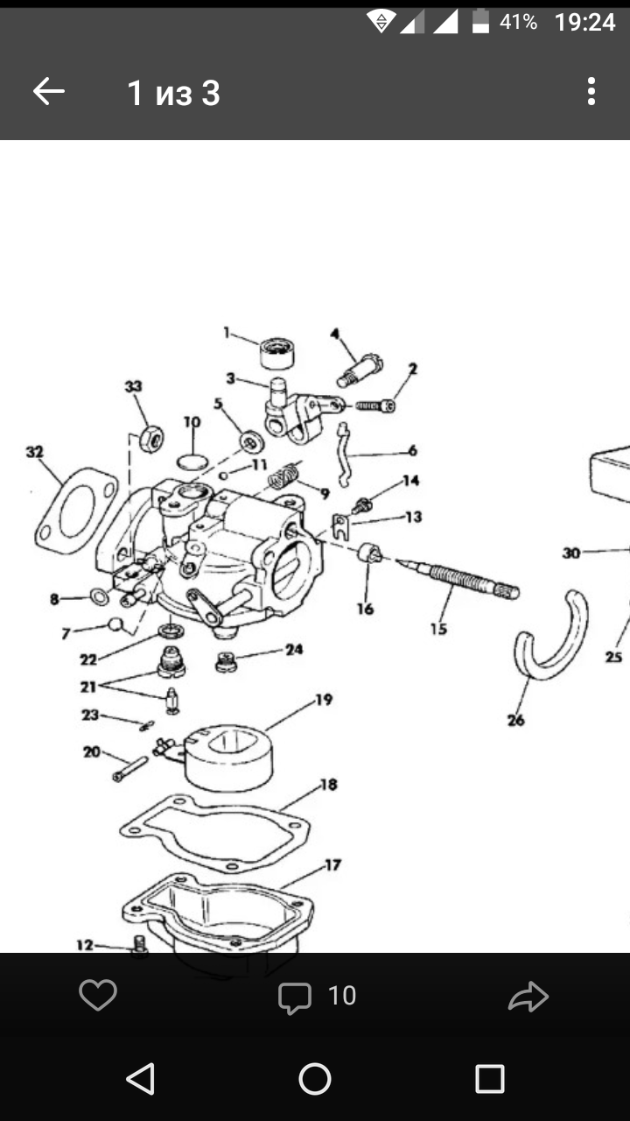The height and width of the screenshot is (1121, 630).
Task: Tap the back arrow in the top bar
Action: (x=49, y=91)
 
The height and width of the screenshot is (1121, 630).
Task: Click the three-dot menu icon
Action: (x=591, y=91)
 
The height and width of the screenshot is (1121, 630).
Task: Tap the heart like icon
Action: (x=97, y=996)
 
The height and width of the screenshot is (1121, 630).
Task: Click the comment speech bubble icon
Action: (x=295, y=997)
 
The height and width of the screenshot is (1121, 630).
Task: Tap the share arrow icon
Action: (x=528, y=997)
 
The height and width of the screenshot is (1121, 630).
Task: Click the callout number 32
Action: (x=34, y=452)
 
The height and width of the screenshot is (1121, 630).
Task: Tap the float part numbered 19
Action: (x=229, y=755)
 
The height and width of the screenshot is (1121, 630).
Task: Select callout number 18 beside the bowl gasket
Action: (x=328, y=785)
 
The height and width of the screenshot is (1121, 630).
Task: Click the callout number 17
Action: (x=332, y=865)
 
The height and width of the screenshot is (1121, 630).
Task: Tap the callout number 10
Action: (x=192, y=422)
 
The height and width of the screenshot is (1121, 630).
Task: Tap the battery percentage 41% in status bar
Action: (x=518, y=22)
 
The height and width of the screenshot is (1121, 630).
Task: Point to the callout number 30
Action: (x=571, y=553)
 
